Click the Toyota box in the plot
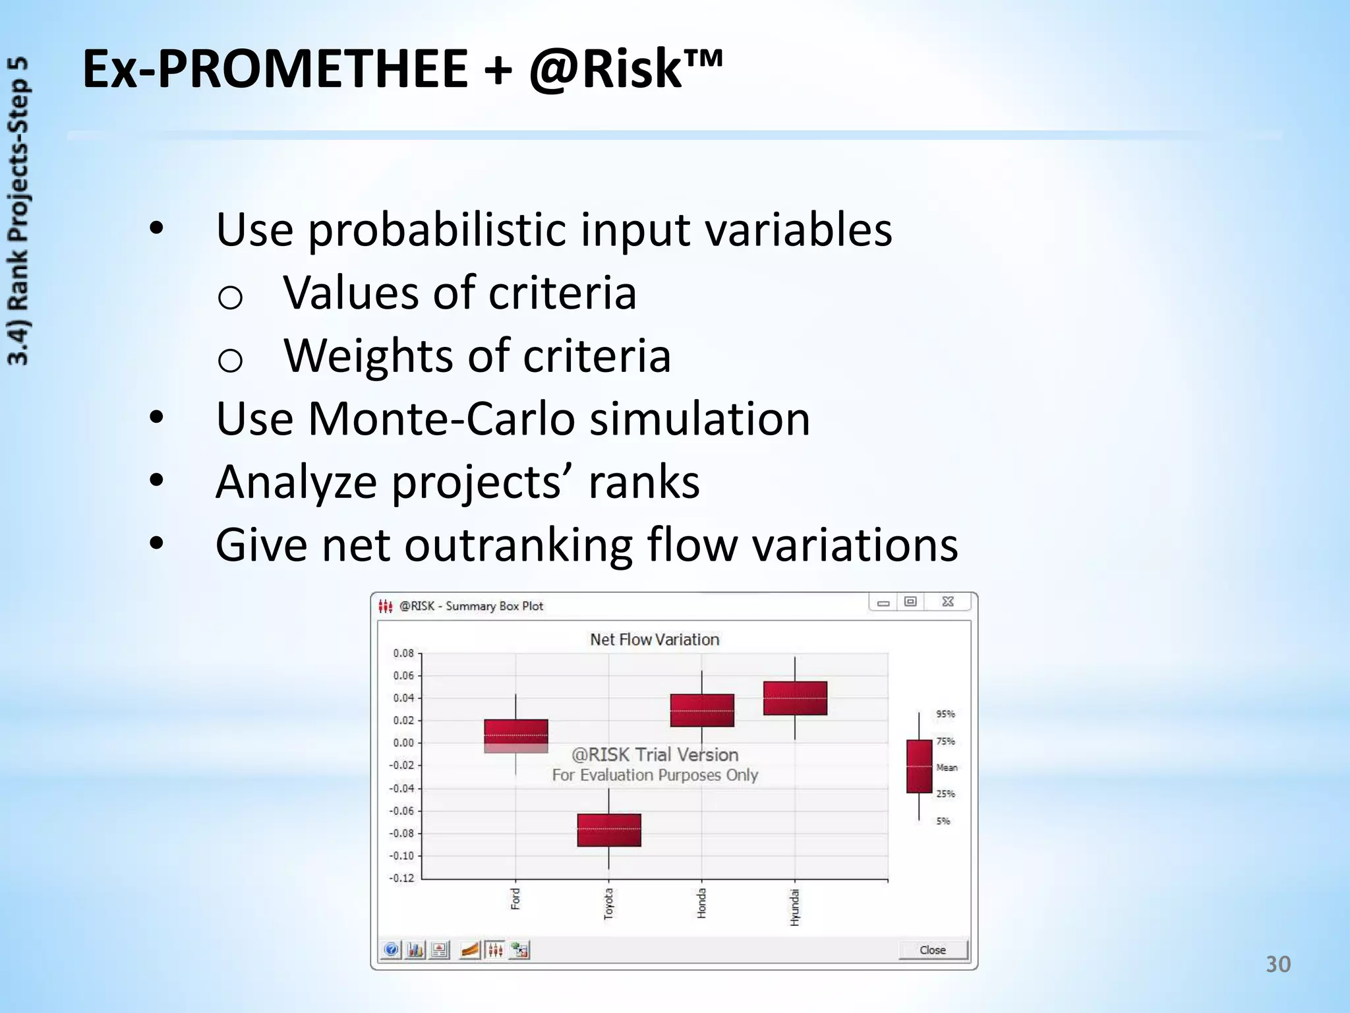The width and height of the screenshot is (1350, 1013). [x=609, y=830]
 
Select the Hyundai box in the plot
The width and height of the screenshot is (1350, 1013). [x=795, y=698]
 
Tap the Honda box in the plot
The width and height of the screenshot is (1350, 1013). [x=702, y=710]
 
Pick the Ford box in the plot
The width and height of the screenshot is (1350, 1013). [x=515, y=735]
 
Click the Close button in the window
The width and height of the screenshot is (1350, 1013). [x=933, y=950]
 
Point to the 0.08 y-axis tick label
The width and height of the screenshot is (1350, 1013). [x=403, y=653]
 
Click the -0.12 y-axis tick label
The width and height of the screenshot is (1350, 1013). [x=401, y=878]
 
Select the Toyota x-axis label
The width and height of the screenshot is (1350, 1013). [x=608, y=903]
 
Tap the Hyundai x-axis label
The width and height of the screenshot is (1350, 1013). [x=795, y=907]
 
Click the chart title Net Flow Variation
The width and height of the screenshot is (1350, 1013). [x=655, y=639]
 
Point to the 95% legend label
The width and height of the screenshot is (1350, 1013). [x=945, y=714]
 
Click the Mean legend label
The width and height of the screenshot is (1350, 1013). [x=947, y=767]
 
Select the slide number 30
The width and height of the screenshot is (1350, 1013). [x=1277, y=964]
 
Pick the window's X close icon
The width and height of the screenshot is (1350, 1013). [x=948, y=601]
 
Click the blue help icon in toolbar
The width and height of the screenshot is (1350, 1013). [x=391, y=950]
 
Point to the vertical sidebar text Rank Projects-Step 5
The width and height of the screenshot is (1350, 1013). [x=18, y=211]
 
